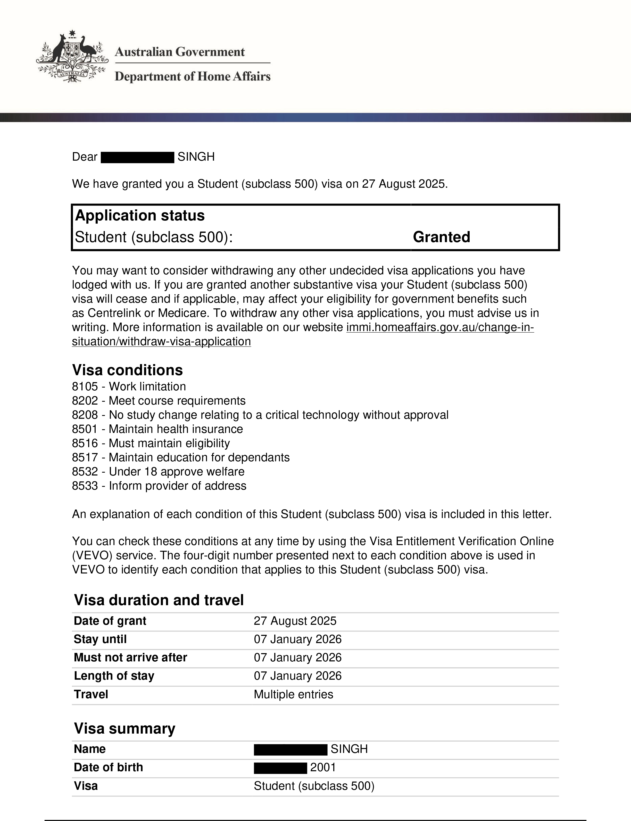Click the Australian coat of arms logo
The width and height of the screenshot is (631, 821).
coord(72,56)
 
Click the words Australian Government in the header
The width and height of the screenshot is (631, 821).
coord(180,52)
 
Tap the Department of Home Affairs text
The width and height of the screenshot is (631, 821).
coord(192,76)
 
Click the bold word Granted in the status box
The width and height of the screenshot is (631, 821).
coord(441,237)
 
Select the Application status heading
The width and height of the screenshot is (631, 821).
coord(140,215)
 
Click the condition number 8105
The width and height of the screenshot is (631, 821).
coord(85,386)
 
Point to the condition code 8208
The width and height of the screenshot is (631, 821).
coord(85,415)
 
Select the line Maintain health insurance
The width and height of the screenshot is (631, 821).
coord(176,429)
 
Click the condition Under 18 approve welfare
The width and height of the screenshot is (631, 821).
coord(177,472)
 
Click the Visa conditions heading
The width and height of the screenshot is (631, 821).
coord(127,370)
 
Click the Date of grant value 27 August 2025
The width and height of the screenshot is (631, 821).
coord(295,621)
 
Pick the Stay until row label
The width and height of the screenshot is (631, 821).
coord(100,639)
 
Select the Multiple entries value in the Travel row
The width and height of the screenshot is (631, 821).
coord(293,694)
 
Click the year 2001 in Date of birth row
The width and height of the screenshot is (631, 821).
coord(323,767)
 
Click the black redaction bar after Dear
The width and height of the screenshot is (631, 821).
coord(137,157)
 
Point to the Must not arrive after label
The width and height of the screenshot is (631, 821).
coord(130,658)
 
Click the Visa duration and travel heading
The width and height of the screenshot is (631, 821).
coord(159,600)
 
